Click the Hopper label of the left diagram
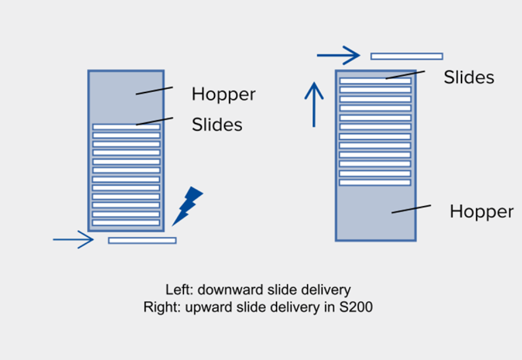[223, 94]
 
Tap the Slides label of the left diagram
[217, 124]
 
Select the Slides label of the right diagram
[469, 77]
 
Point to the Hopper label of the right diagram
[481, 211]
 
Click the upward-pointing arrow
[314, 103]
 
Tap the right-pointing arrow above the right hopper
[338, 56]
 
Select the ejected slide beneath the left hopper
[142, 240]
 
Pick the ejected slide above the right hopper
[406, 56]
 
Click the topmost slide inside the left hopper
[126, 127]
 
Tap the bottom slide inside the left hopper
[126, 222]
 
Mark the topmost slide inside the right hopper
[375, 81]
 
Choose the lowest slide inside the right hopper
[375, 183]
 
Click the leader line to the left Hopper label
[154, 90]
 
